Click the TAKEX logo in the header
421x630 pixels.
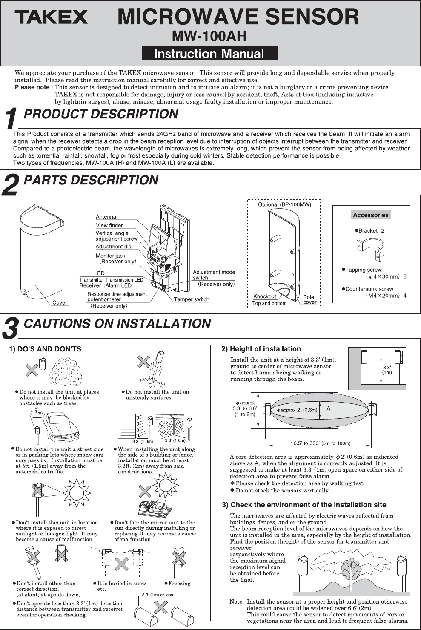[51, 17]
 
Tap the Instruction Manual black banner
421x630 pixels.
[209, 54]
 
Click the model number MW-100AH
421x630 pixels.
[209, 36]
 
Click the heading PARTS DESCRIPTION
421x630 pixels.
[91, 180]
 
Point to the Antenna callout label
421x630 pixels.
[106, 217]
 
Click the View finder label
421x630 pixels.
[109, 225]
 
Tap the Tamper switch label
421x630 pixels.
[192, 299]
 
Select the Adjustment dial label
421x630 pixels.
[114, 247]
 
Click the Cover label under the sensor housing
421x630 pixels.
[60, 302]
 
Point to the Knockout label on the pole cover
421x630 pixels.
[264, 296]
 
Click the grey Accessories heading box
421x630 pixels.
[370, 215]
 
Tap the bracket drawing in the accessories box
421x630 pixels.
[370, 248]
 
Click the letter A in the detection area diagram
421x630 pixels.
[329, 409]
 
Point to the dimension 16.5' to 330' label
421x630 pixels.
[320, 443]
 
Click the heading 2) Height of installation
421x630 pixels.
[261, 349]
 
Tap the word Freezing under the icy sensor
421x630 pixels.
[179, 584]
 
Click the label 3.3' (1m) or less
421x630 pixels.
[157, 595]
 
